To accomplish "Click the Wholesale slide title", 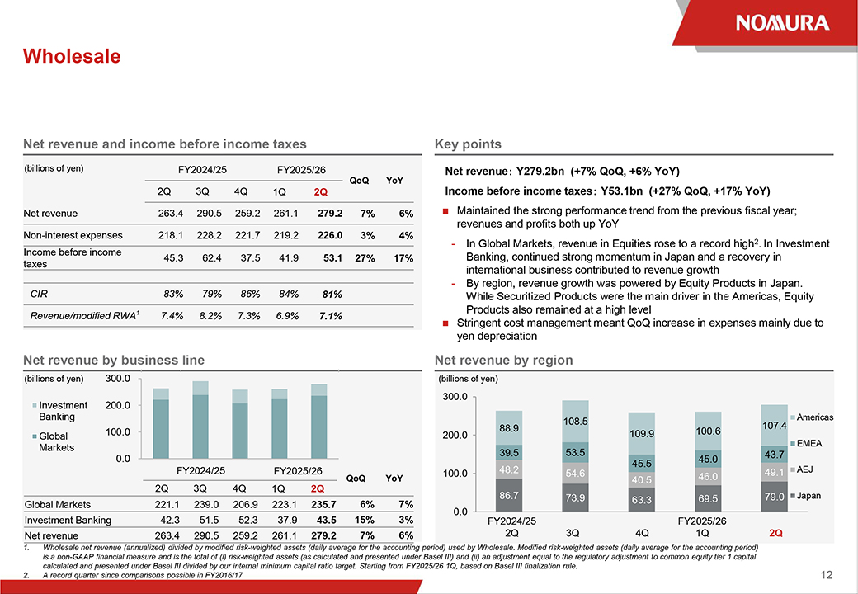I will tap(72, 56).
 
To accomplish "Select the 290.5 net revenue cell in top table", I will tap(203, 214).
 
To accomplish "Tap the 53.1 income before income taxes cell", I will tap(333, 258).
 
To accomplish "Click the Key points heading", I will tap(468, 144).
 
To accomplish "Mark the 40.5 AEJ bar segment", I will tap(642, 479).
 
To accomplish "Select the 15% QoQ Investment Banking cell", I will tap(361, 520).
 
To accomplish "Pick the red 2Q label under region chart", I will tap(775, 533).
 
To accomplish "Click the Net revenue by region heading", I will tap(503, 361).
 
